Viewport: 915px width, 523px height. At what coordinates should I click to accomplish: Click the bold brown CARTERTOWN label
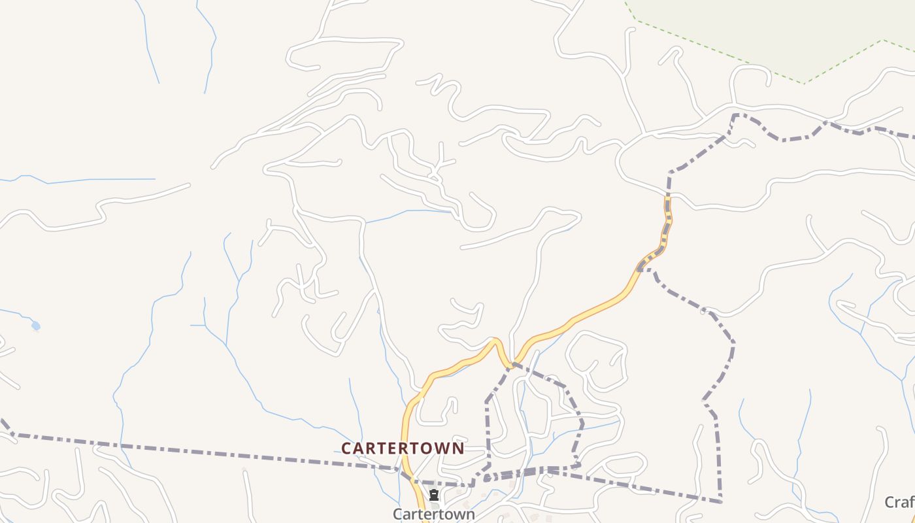pos(403,448)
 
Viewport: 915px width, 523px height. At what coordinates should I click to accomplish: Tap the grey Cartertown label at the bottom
pos(433,514)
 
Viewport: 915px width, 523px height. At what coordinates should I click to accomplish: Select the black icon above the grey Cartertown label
pos(433,495)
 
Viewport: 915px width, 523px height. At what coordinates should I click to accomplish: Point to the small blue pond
pos(35,325)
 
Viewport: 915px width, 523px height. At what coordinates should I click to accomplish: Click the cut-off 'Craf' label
pos(900,502)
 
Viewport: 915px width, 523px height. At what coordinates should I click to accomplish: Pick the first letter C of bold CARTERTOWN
pos(347,448)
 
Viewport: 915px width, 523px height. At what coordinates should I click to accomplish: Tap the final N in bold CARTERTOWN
pos(459,448)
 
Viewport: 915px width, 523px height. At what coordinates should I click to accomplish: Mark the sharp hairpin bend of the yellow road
pos(497,341)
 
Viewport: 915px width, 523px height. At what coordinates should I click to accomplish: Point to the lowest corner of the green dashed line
pos(805,83)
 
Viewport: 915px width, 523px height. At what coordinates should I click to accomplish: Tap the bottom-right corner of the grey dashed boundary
pos(720,501)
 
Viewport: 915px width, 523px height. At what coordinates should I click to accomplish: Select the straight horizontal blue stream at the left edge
pos(98,180)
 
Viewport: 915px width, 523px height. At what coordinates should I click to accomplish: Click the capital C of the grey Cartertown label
pos(397,514)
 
